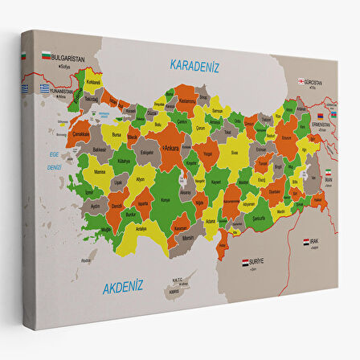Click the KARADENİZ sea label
pos(195,65)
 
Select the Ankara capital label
pos(171,149)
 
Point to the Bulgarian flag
pos(46,56)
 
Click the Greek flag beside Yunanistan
pos(45,88)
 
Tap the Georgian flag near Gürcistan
pos(303,80)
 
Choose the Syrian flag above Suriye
pos(247,262)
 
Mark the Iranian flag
pos(328,174)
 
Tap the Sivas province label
pos(234,151)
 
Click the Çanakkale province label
pos(81,134)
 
